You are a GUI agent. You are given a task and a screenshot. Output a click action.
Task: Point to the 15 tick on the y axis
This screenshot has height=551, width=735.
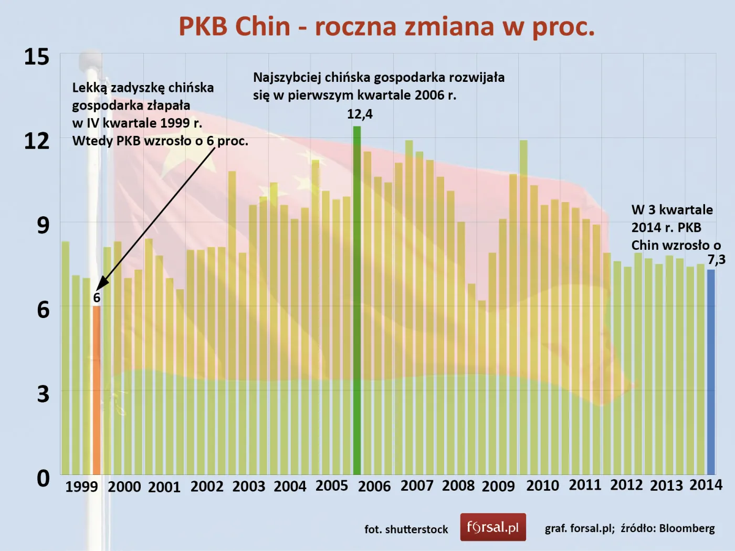click(x=37, y=57)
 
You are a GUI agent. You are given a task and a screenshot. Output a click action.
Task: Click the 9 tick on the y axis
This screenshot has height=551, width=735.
click(x=43, y=225)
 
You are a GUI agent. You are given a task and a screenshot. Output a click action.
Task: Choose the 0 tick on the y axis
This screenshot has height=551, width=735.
click(x=43, y=478)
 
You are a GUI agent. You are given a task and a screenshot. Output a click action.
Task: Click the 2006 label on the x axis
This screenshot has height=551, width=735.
click(x=374, y=486)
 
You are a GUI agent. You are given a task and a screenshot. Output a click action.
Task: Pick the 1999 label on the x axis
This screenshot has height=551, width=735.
click(x=81, y=486)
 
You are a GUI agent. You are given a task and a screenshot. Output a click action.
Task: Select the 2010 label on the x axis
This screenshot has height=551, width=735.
click(x=542, y=485)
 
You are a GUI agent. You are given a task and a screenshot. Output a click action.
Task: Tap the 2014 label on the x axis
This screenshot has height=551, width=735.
click(x=706, y=484)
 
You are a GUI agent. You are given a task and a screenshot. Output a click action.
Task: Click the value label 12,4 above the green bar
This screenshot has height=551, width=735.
click(x=360, y=114)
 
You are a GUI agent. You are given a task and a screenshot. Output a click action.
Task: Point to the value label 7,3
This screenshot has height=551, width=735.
click(x=716, y=259)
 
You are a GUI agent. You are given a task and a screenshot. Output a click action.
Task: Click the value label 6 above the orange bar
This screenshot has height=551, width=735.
click(x=97, y=298)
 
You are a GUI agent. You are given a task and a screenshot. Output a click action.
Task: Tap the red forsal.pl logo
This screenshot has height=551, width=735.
click(x=493, y=527)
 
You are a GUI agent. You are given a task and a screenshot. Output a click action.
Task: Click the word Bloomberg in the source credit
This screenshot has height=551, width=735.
click(x=687, y=528)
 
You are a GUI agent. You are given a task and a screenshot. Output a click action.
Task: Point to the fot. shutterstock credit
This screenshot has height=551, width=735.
click(x=406, y=529)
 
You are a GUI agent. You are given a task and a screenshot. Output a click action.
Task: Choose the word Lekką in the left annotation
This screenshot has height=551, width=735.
click(x=90, y=88)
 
